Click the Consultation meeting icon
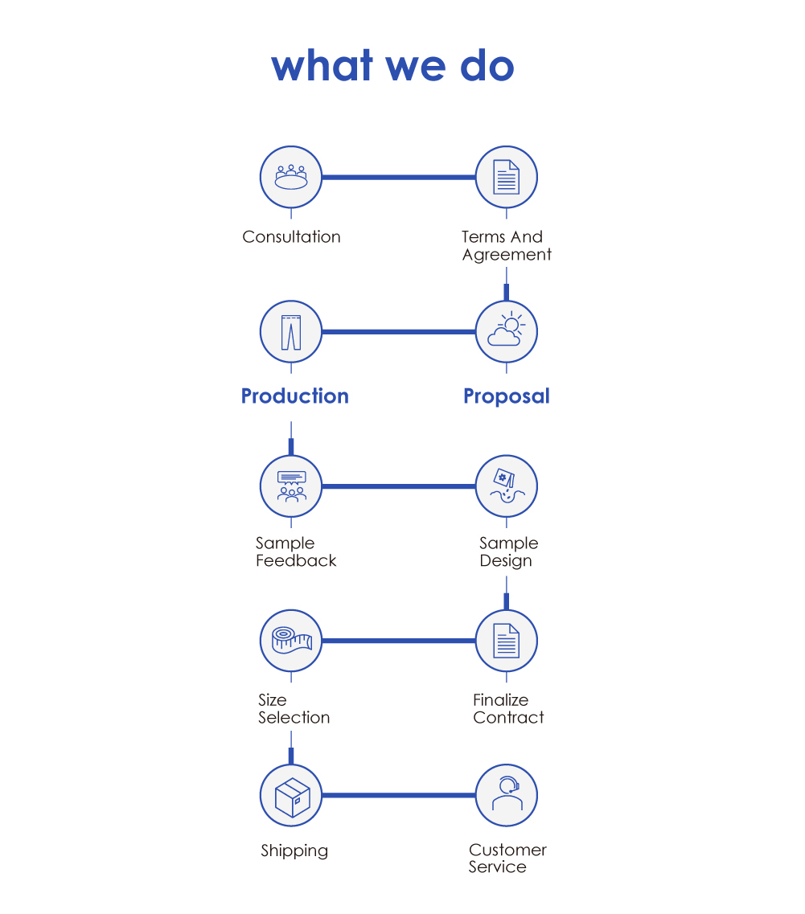coord(291,177)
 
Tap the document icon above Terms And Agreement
coord(507,177)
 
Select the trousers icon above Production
coord(291,332)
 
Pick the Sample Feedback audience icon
coord(291,486)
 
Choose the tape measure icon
coord(291,641)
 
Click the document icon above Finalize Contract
coord(507,641)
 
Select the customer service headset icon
coord(507,795)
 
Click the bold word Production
coord(295,396)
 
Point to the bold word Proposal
coord(507,396)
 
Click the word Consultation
coord(292,236)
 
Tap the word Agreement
coord(507,255)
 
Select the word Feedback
coord(296,560)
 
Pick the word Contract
coord(509,717)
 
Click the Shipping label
coord(294,850)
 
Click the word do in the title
coord(487,65)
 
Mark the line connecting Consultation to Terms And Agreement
coord(398,177)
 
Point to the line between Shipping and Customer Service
coord(398,795)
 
